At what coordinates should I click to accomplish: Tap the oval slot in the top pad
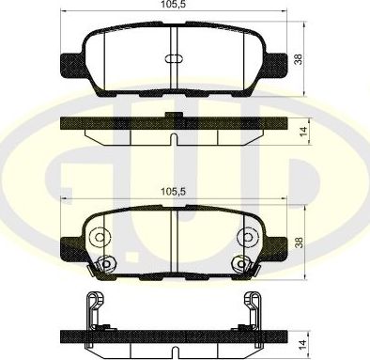point(176,58)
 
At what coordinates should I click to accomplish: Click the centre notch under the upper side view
point(176,140)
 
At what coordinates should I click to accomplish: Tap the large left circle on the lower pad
point(100,237)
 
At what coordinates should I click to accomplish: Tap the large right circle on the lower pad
point(252,237)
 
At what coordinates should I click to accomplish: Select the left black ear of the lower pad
point(69,249)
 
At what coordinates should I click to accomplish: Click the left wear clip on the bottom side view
point(90,310)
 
